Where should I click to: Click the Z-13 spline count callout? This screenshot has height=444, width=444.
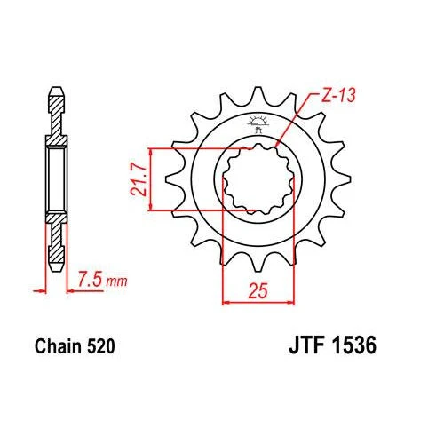(x=338, y=96)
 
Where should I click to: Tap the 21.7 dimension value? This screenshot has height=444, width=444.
(x=139, y=179)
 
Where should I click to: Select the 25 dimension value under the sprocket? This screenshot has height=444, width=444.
(x=258, y=290)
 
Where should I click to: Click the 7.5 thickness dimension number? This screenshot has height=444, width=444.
(x=91, y=279)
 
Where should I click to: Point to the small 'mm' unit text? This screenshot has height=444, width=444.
(x=116, y=281)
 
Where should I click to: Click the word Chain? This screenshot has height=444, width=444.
(x=58, y=346)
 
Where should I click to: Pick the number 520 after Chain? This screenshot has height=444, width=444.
(x=100, y=346)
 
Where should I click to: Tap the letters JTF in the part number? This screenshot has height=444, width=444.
(x=306, y=345)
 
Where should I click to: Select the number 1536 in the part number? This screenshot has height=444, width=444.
(x=354, y=345)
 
